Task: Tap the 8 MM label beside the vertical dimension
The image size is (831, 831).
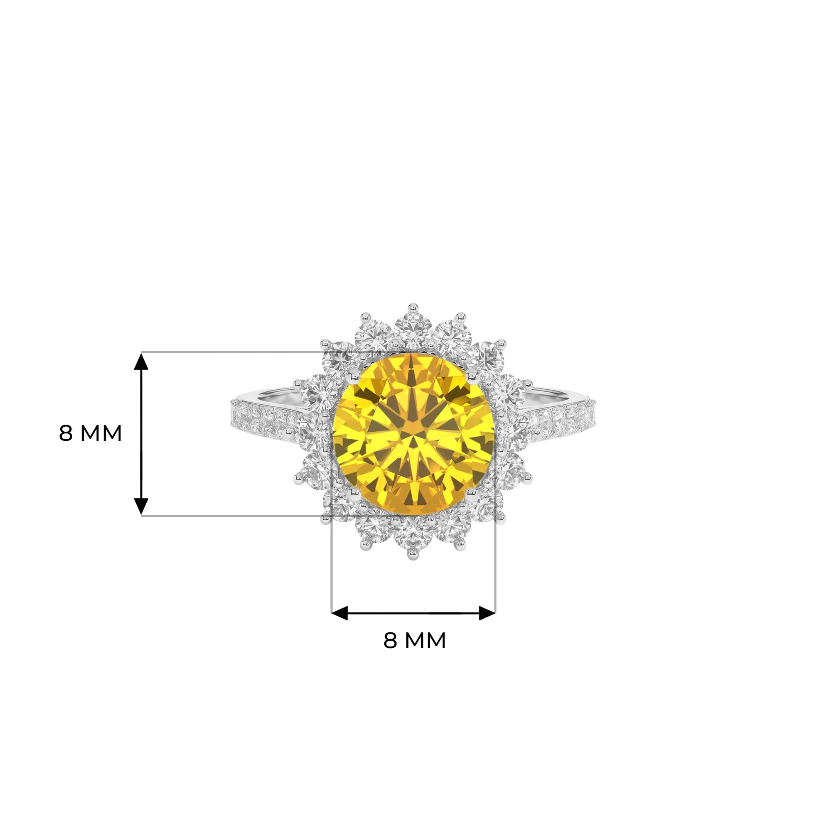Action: pos(90,433)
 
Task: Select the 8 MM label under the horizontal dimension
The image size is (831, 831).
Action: pos(415,640)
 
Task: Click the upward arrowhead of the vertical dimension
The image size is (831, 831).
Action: pos(141,361)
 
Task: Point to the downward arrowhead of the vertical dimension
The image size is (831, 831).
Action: pos(141,506)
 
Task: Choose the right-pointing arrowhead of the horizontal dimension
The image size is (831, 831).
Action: pos(487,613)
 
